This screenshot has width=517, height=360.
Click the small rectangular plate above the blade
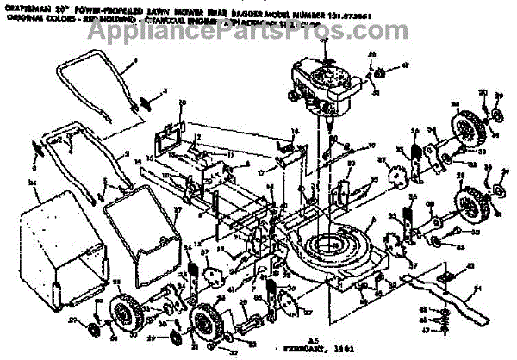pyautogui.click(x=448, y=276)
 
